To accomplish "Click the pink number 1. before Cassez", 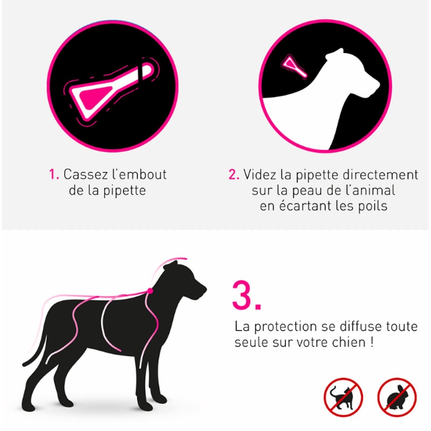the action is click(x=54, y=174).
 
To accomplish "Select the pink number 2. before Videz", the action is click(x=234, y=175).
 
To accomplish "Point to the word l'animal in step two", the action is click(x=372, y=190).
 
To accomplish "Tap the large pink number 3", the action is click(x=247, y=296).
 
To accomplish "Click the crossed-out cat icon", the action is click(x=343, y=397).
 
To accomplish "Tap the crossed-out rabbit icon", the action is click(x=397, y=397).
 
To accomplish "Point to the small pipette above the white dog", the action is click(x=294, y=66).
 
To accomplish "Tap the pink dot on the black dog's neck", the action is click(x=150, y=291).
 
